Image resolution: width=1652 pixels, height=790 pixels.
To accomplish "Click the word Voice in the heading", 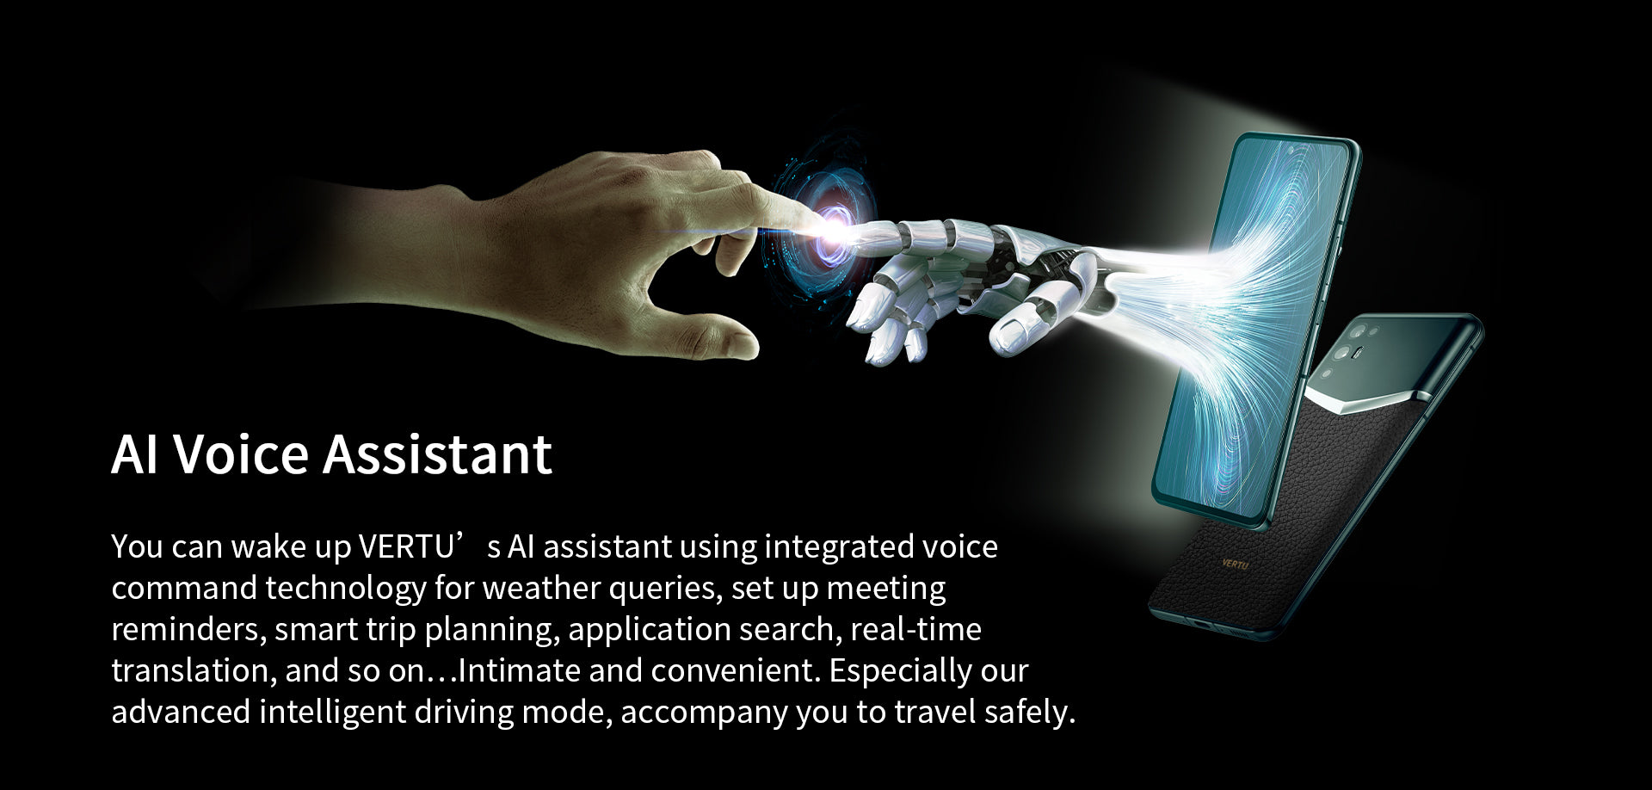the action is [x=241, y=454].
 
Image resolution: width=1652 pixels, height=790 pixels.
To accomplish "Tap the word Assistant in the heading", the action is [x=437, y=454].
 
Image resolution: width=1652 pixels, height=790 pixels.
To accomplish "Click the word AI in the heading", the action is [x=135, y=454].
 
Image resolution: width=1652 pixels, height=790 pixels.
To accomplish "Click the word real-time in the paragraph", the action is [x=915, y=630].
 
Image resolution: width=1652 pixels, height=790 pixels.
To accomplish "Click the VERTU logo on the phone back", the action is [x=1235, y=564].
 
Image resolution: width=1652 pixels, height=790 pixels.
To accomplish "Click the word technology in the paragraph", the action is [x=346, y=589].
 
